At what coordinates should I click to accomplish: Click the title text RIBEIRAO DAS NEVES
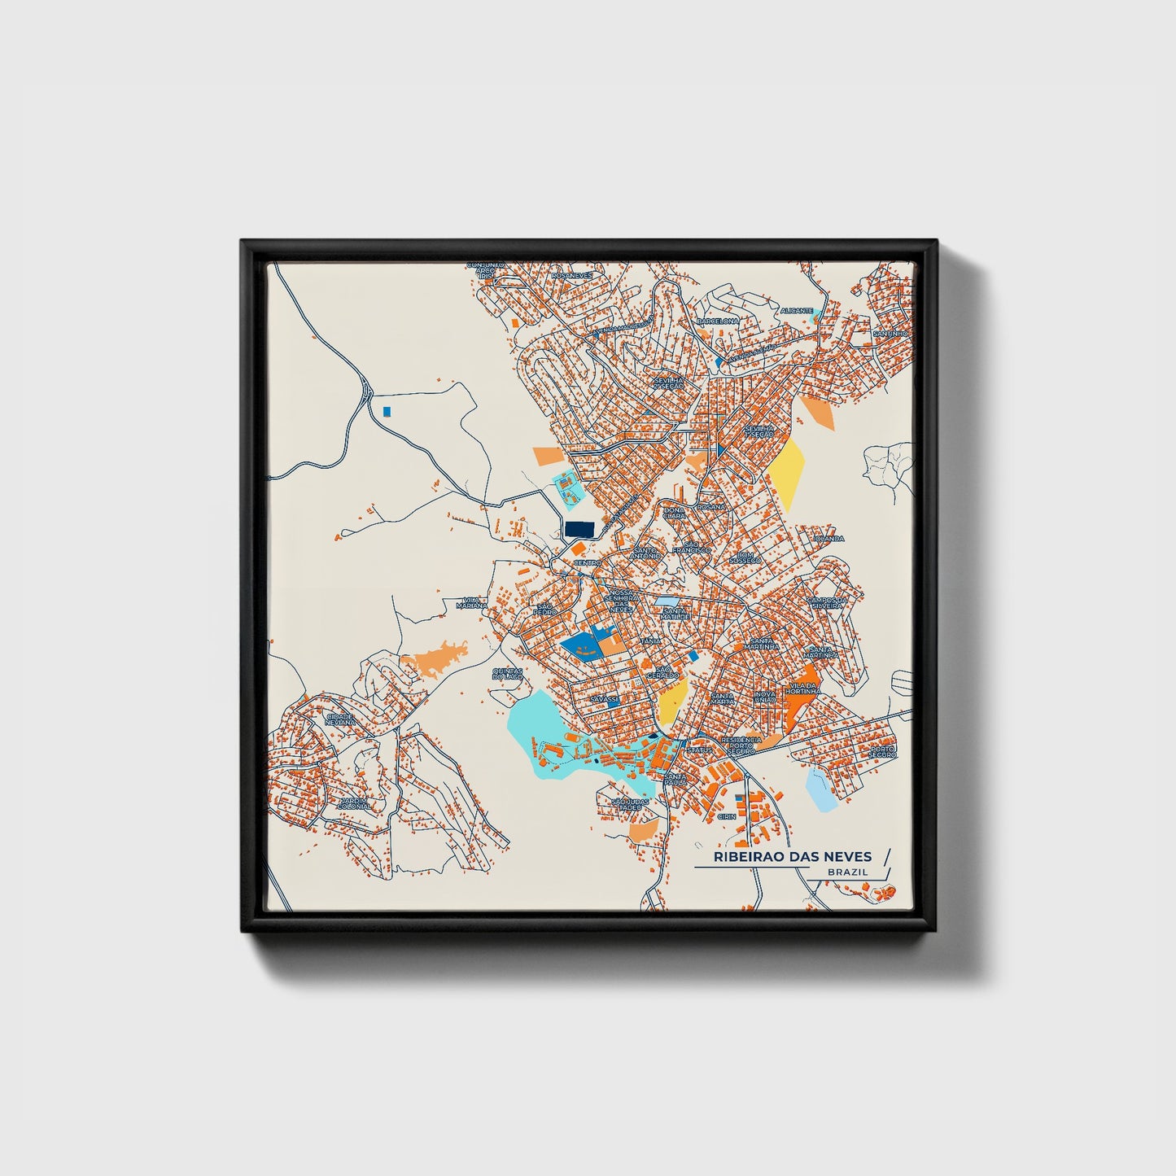(792, 856)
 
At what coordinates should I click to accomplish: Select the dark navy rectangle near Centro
(579, 530)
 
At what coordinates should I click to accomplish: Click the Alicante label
(796, 311)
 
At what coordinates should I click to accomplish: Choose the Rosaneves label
(572, 276)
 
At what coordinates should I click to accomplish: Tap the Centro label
(587, 562)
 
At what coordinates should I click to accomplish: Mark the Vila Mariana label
(471, 602)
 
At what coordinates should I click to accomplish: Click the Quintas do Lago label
(508, 674)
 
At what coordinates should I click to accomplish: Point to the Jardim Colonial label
(354, 802)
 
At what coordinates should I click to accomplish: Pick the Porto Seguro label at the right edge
(882, 751)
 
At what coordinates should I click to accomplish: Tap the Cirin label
(726, 815)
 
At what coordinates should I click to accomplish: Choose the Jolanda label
(828, 538)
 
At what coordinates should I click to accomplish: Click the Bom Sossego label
(744, 557)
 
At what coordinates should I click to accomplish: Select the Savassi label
(605, 698)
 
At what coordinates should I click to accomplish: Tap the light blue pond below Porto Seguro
(820, 791)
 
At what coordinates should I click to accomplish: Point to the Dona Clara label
(674, 513)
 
